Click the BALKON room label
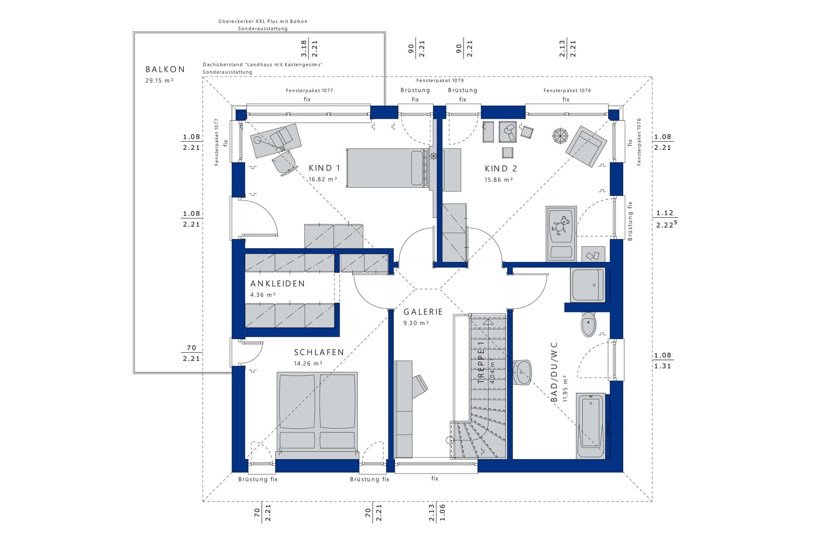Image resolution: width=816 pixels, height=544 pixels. point(165,69)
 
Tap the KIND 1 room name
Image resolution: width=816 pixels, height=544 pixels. point(324,168)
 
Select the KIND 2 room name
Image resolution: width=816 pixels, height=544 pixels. point(501,168)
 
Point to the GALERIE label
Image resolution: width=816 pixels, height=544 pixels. point(423,312)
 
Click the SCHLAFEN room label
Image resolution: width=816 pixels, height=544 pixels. point(319,352)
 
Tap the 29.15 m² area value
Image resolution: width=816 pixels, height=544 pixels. point(159,81)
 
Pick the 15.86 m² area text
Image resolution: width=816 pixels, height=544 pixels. point(499,180)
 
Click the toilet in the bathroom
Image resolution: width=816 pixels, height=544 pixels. point(588,324)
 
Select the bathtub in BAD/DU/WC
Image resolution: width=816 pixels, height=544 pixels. point(591,425)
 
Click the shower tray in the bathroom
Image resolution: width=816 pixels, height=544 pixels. point(588,285)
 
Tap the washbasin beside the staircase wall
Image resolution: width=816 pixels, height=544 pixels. point(523,372)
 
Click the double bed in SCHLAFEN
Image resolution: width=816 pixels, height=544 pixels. point(317,412)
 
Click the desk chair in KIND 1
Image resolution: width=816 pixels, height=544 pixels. point(285,163)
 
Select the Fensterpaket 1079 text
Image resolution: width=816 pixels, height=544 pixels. point(440,81)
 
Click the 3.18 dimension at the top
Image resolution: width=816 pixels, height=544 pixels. point(304,48)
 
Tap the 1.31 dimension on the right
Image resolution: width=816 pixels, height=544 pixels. point(662,366)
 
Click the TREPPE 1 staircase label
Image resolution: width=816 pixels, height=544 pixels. point(481,363)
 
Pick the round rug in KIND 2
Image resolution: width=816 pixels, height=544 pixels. point(560,136)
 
